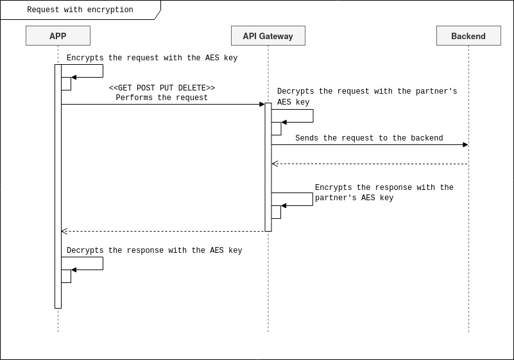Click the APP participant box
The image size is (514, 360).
pyautogui.click(x=58, y=36)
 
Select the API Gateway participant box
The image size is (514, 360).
pyautogui.click(x=268, y=36)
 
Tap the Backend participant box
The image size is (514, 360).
pyautogui.click(x=468, y=36)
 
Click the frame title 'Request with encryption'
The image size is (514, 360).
pyautogui.click(x=80, y=10)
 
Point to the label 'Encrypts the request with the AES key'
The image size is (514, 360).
pyautogui.click(x=152, y=58)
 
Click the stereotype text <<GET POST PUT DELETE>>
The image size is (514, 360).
pyautogui.click(x=162, y=88)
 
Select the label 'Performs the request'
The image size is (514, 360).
pyautogui.click(x=162, y=98)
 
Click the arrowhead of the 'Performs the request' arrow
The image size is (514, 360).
pyautogui.click(x=262, y=104)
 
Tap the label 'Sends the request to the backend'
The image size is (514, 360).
pyautogui.click(x=369, y=139)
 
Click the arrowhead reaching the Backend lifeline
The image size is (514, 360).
pyautogui.click(x=465, y=144)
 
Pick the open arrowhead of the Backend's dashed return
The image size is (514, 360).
pyautogui.click(x=275, y=164)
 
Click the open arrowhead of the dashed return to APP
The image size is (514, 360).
pyautogui.click(x=64, y=231)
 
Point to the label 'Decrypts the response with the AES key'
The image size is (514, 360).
pyautogui.click(x=155, y=251)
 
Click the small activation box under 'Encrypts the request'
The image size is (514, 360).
pyautogui.click(x=66, y=83)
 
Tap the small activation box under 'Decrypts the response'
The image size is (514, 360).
pyautogui.click(x=66, y=276)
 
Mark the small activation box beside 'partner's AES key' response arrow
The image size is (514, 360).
pyautogui.click(x=277, y=212)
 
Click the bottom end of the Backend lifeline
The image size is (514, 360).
pyautogui.click(x=468, y=330)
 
